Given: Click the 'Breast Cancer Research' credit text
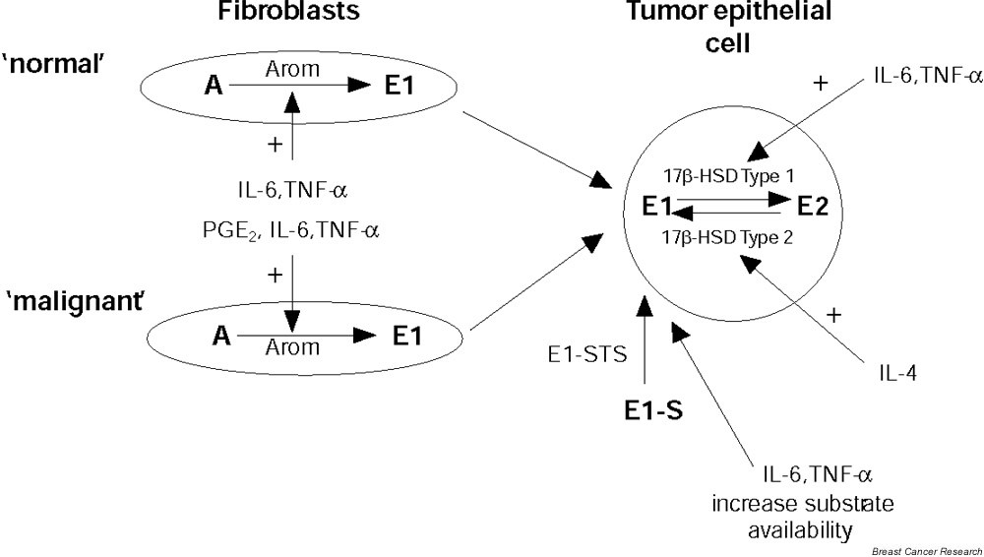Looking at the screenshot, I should [x=928, y=549].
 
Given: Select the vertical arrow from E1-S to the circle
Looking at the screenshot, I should [x=644, y=340].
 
